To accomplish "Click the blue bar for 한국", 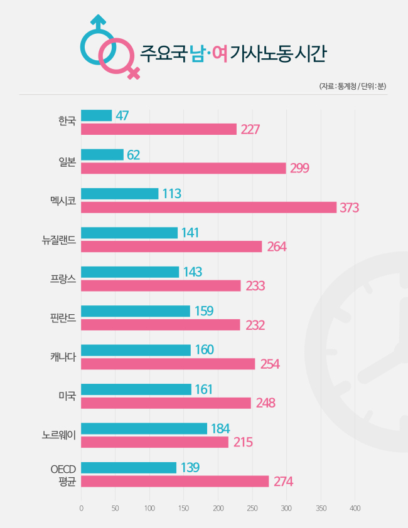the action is point(97,115).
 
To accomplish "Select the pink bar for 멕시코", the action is point(209,208).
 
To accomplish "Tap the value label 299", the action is point(299,168).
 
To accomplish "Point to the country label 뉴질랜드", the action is point(59,240).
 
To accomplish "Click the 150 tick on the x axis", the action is point(184,508).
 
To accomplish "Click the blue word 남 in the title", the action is point(197,53).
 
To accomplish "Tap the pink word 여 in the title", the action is point(220,53).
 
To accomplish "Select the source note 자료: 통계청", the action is point(338,86).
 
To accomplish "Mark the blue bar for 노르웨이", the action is point(144,428).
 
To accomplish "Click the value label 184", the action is point(220,429).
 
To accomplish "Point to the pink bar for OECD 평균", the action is point(175,481).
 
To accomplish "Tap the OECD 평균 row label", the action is point(63,475).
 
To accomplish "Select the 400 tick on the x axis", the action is point(355,508).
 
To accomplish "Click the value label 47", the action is point(122,115).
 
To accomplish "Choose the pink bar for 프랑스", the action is point(161,285).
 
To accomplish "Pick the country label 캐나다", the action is point(63,357).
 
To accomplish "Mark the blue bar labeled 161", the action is point(136,389).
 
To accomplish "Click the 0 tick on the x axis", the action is point(81,508).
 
